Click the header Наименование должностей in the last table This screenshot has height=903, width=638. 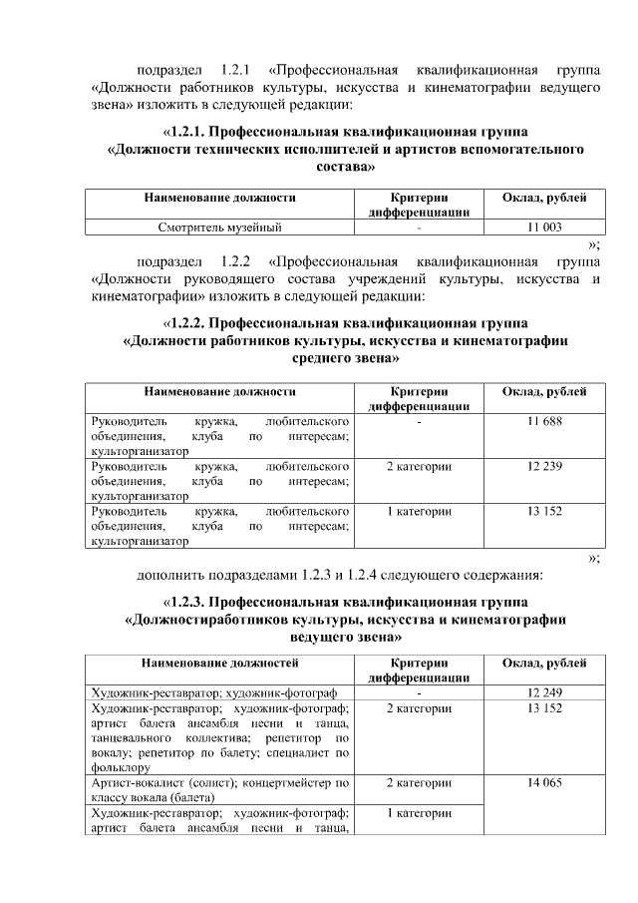point(219,663)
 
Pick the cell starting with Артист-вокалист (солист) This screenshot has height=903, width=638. point(219,792)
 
